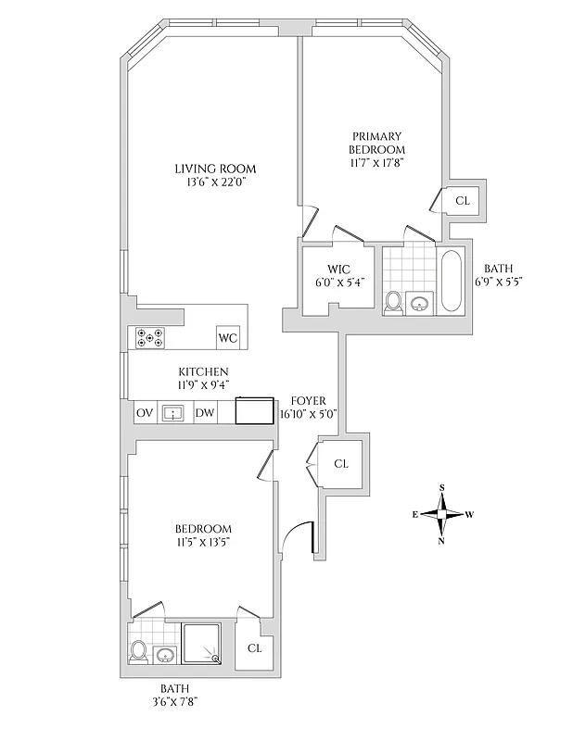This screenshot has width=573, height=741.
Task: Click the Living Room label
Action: (x=215, y=169)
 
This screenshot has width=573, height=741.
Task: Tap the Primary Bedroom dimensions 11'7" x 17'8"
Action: (x=376, y=162)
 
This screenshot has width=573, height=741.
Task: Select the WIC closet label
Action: (x=337, y=269)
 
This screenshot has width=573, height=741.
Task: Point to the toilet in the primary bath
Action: (x=393, y=302)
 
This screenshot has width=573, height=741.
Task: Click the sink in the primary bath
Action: (x=419, y=303)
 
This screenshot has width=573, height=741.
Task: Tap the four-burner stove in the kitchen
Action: (x=148, y=338)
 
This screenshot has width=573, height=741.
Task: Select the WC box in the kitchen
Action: (x=228, y=338)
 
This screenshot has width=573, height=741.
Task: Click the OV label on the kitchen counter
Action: (x=145, y=413)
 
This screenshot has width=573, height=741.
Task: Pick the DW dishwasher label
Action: (x=204, y=413)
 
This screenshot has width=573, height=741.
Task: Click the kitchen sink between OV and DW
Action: (x=173, y=413)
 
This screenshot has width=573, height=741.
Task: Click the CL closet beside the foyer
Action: (x=340, y=463)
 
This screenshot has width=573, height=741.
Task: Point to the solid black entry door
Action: (x=312, y=539)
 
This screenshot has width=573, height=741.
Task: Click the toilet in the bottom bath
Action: (x=139, y=651)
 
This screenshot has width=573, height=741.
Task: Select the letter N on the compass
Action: (x=441, y=542)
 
